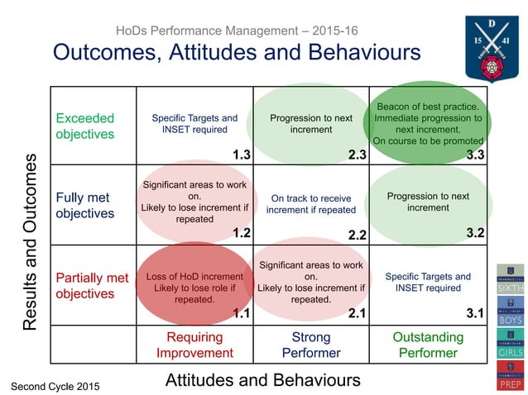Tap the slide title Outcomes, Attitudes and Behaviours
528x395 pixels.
[237, 52]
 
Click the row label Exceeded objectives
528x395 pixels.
[85, 126]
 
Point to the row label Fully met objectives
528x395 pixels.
[84, 206]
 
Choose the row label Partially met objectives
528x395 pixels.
[91, 285]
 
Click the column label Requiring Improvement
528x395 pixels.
[194, 345]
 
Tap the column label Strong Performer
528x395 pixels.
[311, 345]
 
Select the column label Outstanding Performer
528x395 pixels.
[427, 345]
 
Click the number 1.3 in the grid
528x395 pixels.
[241, 155]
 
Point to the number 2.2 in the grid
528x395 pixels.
[358, 235]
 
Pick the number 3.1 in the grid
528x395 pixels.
[474, 313]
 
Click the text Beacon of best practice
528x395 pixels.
[428, 107]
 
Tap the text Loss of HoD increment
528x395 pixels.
[194, 276]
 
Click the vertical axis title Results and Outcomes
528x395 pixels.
[30, 241]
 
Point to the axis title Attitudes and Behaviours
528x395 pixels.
[263, 379]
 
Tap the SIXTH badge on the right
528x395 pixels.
[510, 282]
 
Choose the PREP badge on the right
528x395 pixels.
[510, 376]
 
